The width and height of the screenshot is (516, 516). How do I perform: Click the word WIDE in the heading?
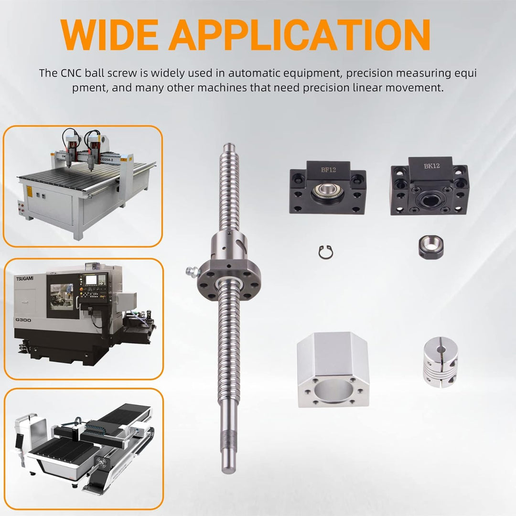tap(109, 34)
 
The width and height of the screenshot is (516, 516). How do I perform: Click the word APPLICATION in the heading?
tap(299, 34)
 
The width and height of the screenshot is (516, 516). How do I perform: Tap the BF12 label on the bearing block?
tap(328, 170)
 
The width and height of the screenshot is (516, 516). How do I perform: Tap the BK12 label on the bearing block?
tap(432, 166)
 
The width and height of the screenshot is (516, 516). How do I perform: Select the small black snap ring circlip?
tap(326, 252)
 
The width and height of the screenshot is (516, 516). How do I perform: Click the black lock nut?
tap(431, 246)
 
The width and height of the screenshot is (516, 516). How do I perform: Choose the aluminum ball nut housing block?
tap(333, 369)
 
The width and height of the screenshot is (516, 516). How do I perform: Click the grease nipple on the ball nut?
tap(193, 272)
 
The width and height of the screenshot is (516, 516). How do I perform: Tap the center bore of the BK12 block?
tap(430, 200)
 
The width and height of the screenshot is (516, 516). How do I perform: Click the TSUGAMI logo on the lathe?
tap(25, 279)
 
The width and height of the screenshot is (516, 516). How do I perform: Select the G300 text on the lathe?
tap(23, 320)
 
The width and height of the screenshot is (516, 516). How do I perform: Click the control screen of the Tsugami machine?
tap(91, 279)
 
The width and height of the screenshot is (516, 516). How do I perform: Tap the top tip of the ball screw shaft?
tap(229, 145)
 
